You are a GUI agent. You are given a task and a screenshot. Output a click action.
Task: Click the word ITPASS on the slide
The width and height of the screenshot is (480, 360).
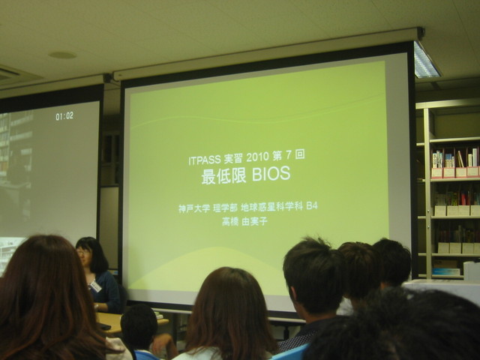pos(205,160)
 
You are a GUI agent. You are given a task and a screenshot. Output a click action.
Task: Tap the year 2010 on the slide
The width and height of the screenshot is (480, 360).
pos(257,157)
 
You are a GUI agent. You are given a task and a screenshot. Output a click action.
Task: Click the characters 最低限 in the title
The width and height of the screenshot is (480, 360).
pos(223,177)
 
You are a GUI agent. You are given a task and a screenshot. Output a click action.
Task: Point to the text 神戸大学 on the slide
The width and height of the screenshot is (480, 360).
pos(194,208)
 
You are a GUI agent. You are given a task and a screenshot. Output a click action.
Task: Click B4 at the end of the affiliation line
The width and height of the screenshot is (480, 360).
pos(312,206)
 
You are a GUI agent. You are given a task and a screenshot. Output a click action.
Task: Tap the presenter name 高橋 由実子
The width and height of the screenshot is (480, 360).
pos(244,221)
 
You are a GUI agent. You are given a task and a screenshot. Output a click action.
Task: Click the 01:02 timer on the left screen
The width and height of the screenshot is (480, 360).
pos(64,116)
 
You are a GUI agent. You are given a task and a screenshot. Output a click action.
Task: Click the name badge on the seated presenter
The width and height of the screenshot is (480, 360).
pos(95,286)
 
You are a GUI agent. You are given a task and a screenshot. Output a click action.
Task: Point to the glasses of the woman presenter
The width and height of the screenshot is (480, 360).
pos(82,252)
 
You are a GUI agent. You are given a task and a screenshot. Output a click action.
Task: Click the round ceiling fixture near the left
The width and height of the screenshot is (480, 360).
pos(62,55)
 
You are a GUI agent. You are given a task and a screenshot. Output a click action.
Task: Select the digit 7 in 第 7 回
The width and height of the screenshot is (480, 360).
pos(288,156)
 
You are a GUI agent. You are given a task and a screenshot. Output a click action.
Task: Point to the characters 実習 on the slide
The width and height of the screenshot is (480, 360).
pos(233,158)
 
